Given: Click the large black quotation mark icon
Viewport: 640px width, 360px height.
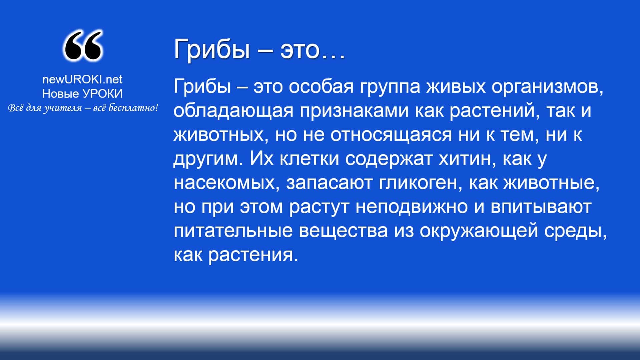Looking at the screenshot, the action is coord(83,46).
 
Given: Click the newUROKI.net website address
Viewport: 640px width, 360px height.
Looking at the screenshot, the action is coord(82,79).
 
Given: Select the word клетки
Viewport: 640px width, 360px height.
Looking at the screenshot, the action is coord(309,159).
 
